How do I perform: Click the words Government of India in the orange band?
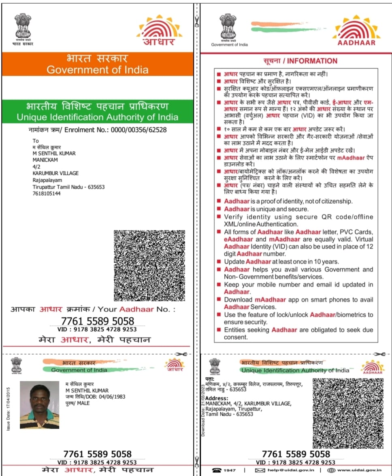(x=97, y=70)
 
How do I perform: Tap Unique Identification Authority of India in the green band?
(x=97, y=117)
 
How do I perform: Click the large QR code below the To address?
(x=149, y=266)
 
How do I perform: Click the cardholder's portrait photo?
(x=39, y=405)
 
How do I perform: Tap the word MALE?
(x=84, y=403)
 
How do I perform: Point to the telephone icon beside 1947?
(x=217, y=470)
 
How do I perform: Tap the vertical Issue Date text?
(x=9, y=408)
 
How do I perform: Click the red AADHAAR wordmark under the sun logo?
(x=356, y=42)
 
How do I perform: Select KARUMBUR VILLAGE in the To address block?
(x=55, y=173)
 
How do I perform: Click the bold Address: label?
(x=216, y=399)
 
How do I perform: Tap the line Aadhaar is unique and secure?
(x=266, y=209)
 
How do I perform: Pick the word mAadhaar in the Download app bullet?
(x=270, y=300)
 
